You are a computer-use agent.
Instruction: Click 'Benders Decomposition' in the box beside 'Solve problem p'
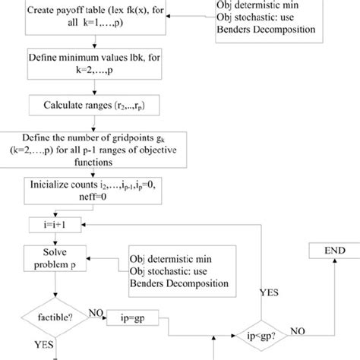coord(178,283)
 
